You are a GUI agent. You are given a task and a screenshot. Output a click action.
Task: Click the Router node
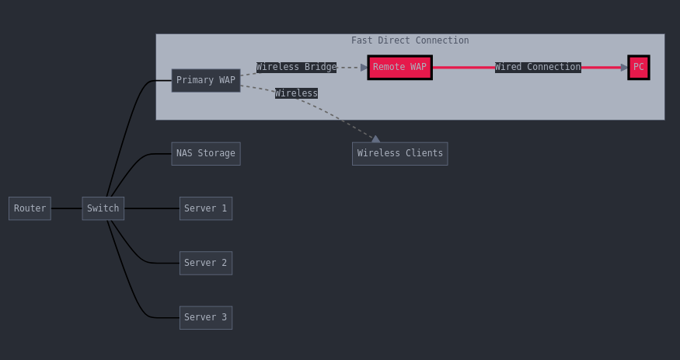pos(30,208)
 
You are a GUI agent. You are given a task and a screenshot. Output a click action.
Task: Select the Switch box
pos(103,208)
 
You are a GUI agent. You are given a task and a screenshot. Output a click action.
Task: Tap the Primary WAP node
pos(206,80)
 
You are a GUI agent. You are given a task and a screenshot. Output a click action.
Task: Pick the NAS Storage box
pos(206,153)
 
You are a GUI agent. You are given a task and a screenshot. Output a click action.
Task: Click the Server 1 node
pos(206,208)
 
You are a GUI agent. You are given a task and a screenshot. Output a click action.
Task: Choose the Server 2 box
pos(206,263)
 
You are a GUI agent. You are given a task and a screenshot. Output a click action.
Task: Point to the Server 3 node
pos(206,317)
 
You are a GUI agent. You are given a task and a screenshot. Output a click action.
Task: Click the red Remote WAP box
pos(400,67)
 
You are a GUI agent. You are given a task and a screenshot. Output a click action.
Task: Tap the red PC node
pos(638,67)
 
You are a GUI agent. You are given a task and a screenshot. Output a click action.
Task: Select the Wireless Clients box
pos(400,153)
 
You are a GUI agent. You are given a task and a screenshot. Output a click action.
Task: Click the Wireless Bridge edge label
pos(296,67)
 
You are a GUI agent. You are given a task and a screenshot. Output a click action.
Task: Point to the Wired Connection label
pos(538,67)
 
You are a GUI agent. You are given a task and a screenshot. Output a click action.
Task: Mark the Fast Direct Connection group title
pos(410,40)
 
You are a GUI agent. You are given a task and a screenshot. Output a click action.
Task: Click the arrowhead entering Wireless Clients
pos(375,139)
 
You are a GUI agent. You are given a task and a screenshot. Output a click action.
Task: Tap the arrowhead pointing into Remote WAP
pos(364,67)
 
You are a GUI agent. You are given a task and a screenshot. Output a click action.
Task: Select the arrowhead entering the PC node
pos(624,67)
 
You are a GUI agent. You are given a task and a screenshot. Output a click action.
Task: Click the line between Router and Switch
pos(66,208)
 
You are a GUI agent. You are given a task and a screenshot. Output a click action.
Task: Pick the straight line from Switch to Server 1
pos(152,208)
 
